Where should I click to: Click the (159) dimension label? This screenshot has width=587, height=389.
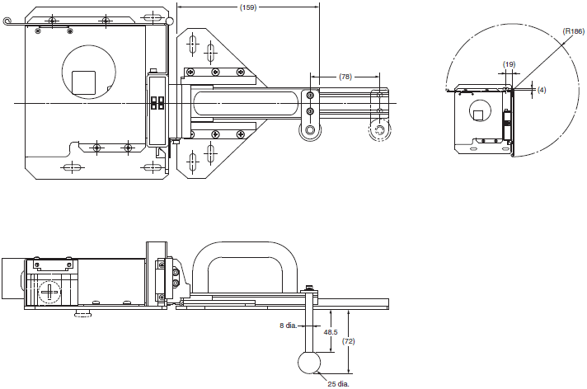pyautogui.click(x=248, y=7)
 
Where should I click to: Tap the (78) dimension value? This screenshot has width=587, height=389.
pyautogui.click(x=345, y=77)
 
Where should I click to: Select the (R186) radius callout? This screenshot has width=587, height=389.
pyautogui.click(x=574, y=31)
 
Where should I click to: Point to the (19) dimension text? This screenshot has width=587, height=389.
pyautogui.click(x=509, y=64)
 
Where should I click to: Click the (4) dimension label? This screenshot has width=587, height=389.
pyautogui.click(x=542, y=90)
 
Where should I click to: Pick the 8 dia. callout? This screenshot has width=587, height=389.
pyautogui.click(x=288, y=326)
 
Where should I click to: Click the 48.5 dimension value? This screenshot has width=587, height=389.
pyautogui.click(x=331, y=332)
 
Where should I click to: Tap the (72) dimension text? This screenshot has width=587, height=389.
pyautogui.click(x=349, y=341)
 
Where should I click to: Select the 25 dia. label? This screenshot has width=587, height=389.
pyautogui.click(x=338, y=384)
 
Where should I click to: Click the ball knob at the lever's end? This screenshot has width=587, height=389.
pyautogui.click(x=309, y=363)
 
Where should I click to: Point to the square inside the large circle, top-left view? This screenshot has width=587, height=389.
pyautogui.click(x=83, y=82)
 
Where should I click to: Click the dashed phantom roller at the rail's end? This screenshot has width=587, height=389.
pyautogui.click(x=379, y=130)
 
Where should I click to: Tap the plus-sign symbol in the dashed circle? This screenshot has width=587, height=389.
pyautogui.click(x=49, y=291)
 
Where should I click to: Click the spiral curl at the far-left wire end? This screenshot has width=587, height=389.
pyautogui.click(x=7, y=21)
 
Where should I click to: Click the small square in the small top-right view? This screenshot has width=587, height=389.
pyautogui.click(x=477, y=115)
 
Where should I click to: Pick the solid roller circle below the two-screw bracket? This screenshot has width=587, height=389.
pyautogui.click(x=310, y=130)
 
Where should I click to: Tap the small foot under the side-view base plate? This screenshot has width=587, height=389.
pyautogui.click(x=83, y=313)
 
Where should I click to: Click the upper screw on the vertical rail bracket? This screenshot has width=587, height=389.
pyautogui.click(x=310, y=96)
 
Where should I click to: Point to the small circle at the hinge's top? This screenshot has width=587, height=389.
pyautogui.click(x=170, y=21)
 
